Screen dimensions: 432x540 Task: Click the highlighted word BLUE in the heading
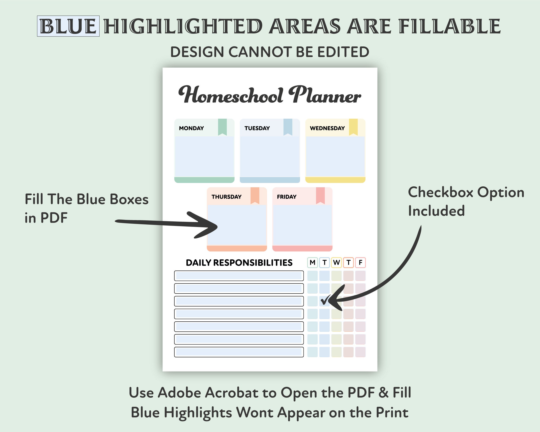(68, 26)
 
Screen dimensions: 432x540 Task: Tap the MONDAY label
(191, 128)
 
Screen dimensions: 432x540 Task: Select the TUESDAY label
(257, 128)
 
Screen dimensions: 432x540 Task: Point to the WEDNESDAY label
(327, 128)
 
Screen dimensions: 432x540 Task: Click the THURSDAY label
(226, 197)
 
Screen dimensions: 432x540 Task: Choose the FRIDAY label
(287, 197)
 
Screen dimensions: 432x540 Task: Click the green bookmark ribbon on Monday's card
(222, 127)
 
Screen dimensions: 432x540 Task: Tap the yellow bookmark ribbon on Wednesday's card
(353, 127)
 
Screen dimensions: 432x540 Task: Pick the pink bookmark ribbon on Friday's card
(320, 195)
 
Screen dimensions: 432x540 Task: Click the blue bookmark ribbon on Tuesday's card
(288, 127)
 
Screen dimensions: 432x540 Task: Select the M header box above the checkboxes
(312, 262)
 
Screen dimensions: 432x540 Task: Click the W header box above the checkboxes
(336, 262)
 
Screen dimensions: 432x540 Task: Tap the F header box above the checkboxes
(361, 262)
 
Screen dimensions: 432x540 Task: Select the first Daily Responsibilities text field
(239, 276)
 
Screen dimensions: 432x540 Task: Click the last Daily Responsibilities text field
(239, 352)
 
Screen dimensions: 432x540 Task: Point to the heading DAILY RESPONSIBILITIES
(239, 262)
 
